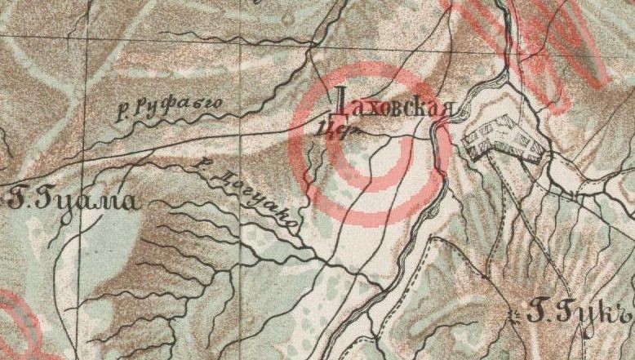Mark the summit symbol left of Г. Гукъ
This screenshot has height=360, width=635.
pyautogui.click(x=513, y=313)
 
